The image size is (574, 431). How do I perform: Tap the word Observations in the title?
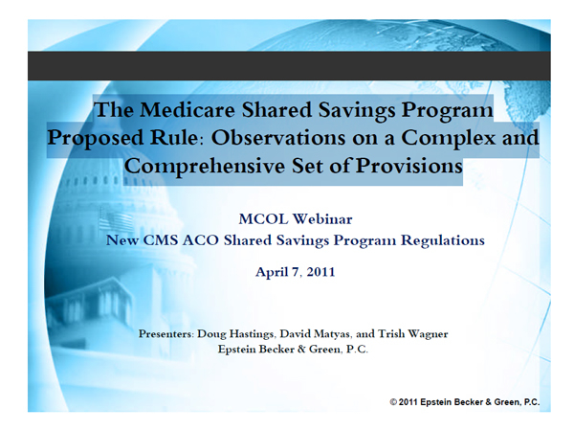[278, 138]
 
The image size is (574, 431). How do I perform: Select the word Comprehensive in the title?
[205, 167]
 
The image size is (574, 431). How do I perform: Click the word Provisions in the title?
[409, 166]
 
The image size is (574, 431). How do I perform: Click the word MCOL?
[264, 219]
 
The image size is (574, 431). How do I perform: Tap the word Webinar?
[322, 219]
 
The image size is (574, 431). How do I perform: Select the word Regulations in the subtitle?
[443, 240]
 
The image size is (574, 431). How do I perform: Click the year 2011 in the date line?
[321, 272]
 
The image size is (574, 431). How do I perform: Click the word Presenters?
[166, 334]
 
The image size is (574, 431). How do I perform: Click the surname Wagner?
[429, 334]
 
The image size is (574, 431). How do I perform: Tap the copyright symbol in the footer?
[393, 402]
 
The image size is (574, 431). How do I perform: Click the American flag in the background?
[117, 220]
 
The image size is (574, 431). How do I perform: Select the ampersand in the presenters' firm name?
[301, 349]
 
